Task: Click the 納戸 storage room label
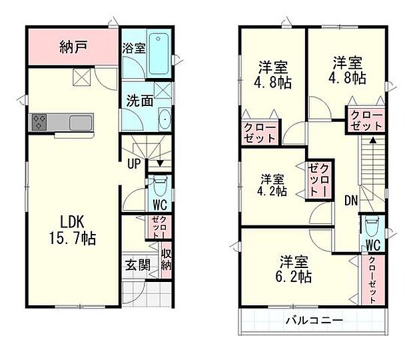[x=74, y=47]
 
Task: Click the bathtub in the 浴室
[x=159, y=53]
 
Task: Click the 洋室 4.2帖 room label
[x=273, y=185]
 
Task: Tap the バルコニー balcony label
[x=315, y=321]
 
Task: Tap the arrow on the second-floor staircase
[x=372, y=141]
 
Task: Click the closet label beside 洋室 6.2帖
[x=372, y=279]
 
